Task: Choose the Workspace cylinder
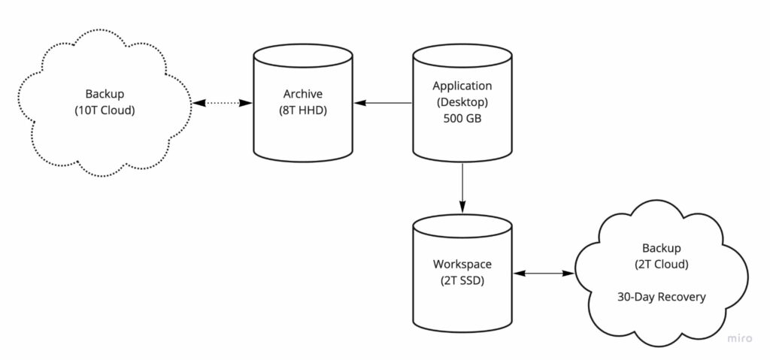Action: pyautogui.click(x=462, y=272)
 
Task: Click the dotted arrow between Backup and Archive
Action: pyautogui.click(x=223, y=103)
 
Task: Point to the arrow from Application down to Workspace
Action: pyautogui.click(x=462, y=185)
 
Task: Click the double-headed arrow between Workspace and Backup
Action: pyautogui.click(x=544, y=273)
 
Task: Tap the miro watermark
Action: pyautogui.click(x=740, y=339)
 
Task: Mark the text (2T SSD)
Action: pyautogui.click(x=462, y=280)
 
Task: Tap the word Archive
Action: pyautogui.click(x=303, y=94)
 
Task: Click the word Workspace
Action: pyautogui.click(x=462, y=265)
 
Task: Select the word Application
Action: pyautogui.click(x=462, y=86)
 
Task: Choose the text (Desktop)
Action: pyautogui.click(x=462, y=102)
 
